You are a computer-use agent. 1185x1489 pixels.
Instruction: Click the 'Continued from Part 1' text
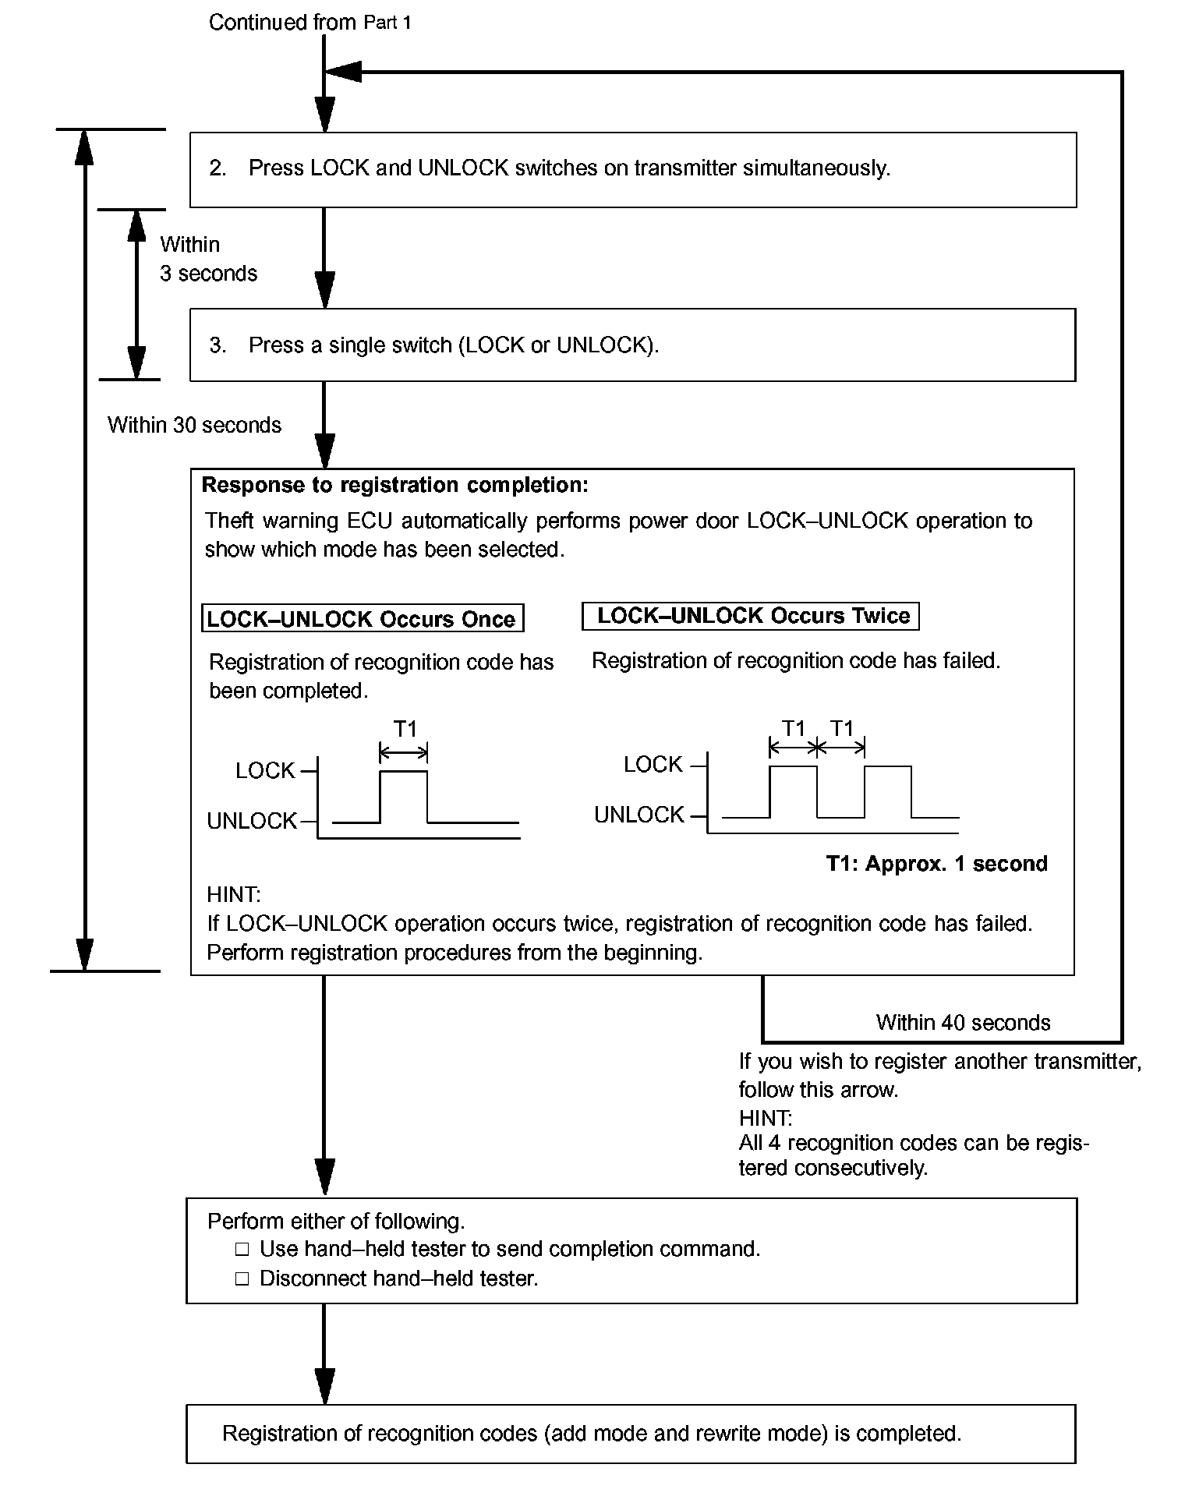[310, 23]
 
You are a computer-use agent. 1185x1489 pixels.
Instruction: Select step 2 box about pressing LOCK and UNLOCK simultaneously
[632, 169]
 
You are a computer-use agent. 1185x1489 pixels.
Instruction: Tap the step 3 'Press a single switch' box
[632, 345]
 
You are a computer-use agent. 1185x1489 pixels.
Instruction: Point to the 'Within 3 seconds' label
[208, 259]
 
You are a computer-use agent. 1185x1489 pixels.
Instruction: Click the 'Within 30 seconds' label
[194, 425]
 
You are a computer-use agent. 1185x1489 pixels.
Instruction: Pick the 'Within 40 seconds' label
[963, 1023]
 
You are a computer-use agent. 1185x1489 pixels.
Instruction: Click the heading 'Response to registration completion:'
[394, 485]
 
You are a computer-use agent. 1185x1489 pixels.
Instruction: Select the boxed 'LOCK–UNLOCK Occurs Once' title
[363, 619]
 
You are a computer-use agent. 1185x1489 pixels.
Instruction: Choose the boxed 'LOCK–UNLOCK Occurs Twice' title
[751, 616]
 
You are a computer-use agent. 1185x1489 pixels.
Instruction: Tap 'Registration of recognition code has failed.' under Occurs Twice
[795, 661]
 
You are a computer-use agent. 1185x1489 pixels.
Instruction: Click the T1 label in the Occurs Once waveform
[405, 729]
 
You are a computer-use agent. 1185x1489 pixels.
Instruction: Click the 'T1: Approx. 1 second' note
[936, 864]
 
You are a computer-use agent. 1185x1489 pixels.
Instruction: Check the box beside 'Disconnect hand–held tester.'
[242, 1279]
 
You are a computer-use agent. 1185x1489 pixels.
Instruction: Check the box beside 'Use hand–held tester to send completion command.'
[242, 1250]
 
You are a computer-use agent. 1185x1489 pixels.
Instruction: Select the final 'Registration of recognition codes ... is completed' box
[631, 1434]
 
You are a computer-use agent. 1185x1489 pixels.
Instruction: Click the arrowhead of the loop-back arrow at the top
[343, 72]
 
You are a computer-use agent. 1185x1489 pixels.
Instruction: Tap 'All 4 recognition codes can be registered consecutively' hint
[914, 1155]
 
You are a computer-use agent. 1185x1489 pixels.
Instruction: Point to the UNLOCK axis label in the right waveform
[638, 815]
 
